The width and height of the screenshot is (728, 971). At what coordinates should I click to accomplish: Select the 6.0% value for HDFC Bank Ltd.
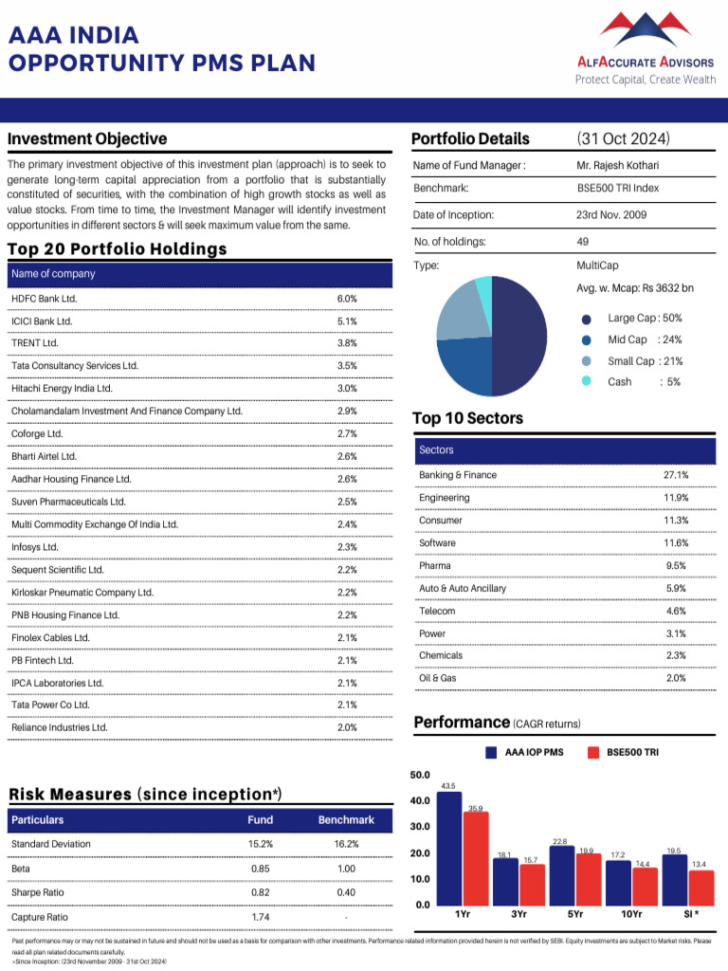(347, 299)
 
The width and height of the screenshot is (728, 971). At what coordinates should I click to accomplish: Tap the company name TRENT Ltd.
(35, 343)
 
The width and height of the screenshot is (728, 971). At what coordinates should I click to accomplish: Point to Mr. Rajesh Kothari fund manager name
(617, 166)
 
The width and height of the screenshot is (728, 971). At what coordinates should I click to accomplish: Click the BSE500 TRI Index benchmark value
(617, 188)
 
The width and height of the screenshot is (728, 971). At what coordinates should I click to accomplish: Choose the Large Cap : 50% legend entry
(645, 319)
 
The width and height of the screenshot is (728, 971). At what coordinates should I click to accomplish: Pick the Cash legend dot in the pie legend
(587, 381)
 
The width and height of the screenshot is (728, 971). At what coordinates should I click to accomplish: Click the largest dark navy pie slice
(519, 337)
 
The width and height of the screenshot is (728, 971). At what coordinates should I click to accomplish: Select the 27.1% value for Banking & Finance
(676, 475)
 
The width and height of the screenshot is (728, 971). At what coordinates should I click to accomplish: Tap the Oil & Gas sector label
(437, 678)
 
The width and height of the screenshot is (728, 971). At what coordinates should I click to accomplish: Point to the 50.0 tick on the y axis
(420, 775)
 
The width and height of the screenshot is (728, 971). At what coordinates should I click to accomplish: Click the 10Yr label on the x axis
(631, 914)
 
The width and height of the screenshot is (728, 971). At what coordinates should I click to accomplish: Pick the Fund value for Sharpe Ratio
(260, 893)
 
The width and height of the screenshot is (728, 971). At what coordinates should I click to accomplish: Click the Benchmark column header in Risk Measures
(346, 819)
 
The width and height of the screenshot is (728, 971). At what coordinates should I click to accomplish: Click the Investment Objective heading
(87, 139)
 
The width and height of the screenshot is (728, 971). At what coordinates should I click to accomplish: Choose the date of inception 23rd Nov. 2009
(611, 215)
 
